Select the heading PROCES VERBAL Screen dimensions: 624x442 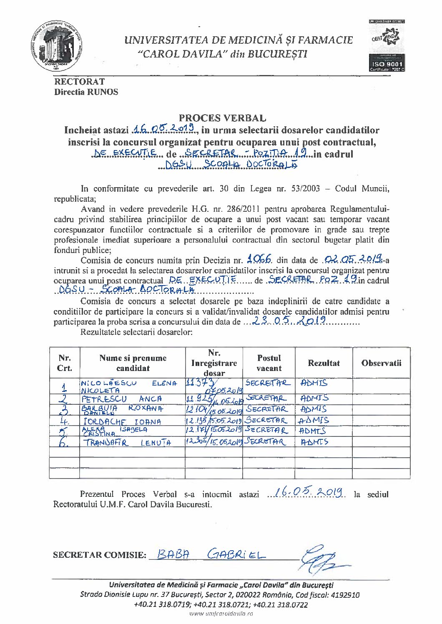click(x=222, y=119)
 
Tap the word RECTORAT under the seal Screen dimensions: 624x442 click(x=79, y=82)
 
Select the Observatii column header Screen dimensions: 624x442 click(x=381, y=363)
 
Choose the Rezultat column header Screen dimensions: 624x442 click(x=324, y=363)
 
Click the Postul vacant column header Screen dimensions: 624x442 click(x=269, y=363)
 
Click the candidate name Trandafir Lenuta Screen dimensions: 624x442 click(x=127, y=443)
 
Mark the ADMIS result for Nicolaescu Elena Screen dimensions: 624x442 click(x=314, y=383)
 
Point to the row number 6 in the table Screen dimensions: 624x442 click(x=63, y=443)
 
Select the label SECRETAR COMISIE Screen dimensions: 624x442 click(x=100, y=555)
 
